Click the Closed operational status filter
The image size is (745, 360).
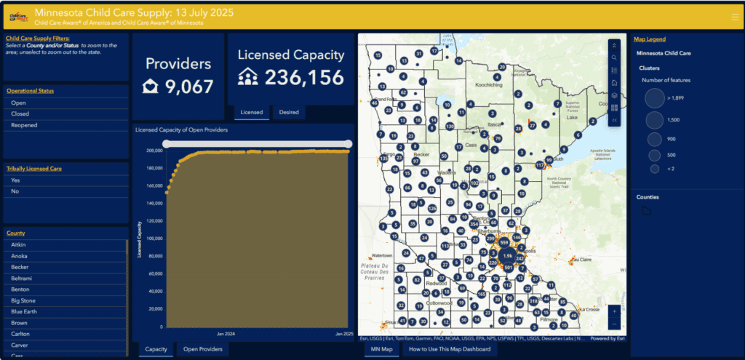pos(20,114)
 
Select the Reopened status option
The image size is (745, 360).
pos(24,125)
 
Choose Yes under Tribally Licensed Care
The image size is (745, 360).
pos(15,180)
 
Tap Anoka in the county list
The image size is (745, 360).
pos(20,256)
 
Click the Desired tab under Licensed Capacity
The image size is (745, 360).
pos(289,112)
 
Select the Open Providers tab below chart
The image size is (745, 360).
pos(202,349)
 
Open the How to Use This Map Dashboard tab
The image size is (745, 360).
pos(450,349)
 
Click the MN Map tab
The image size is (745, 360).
pos(381,349)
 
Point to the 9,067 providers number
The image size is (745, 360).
pos(189,87)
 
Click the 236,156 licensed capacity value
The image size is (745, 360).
pos(304,78)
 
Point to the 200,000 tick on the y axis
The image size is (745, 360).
pos(153,151)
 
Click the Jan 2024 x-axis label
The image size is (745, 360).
pos(226,334)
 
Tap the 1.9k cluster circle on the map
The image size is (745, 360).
pos(507,256)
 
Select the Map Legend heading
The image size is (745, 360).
pos(649,39)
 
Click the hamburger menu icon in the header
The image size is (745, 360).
pos(733,15)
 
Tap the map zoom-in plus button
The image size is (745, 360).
pos(615,311)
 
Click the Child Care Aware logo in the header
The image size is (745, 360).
pos(17,15)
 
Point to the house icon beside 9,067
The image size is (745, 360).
pos(150,87)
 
